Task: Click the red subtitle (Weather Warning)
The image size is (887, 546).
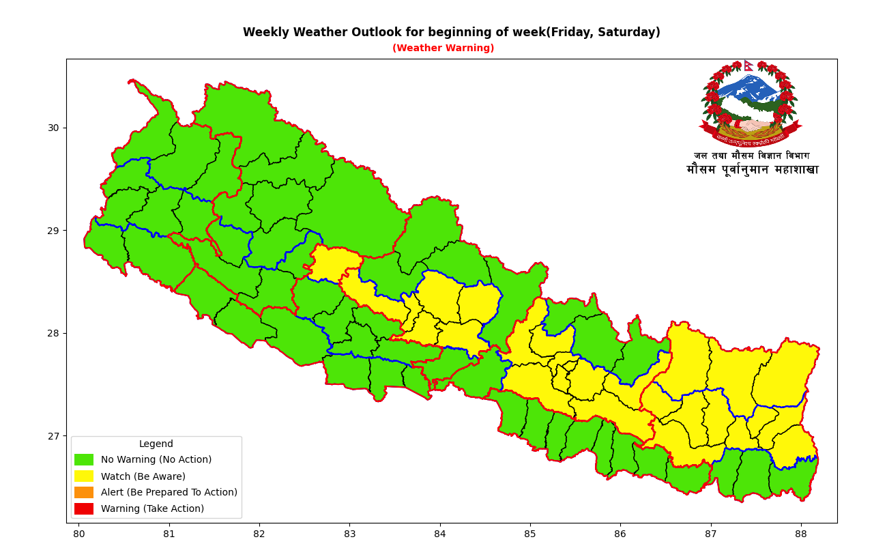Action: click(x=443, y=48)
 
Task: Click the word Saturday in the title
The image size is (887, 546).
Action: click(x=627, y=33)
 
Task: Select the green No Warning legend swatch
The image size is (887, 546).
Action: click(x=84, y=460)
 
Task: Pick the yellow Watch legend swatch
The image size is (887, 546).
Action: click(x=84, y=476)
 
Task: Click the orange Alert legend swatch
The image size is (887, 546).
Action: click(x=84, y=492)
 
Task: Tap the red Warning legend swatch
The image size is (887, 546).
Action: click(x=84, y=508)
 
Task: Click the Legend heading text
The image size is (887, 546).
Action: click(x=156, y=444)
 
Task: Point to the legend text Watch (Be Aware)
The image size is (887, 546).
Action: click(x=143, y=476)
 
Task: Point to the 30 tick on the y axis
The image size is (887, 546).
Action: click(x=54, y=128)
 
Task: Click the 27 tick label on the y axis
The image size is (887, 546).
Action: click(x=54, y=436)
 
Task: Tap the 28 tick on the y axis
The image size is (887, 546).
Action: click(x=54, y=333)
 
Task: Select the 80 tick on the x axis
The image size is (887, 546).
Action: click(x=79, y=534)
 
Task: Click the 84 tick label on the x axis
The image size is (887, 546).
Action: click(x=439, y=534)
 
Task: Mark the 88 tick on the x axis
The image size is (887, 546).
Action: click(x=800, y=534)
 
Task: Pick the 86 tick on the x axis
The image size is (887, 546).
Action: click(x=620, y=534)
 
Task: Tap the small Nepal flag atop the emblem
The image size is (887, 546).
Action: click(x=748, y=66)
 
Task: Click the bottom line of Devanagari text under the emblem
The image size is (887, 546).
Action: click(x=752, y=170)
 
